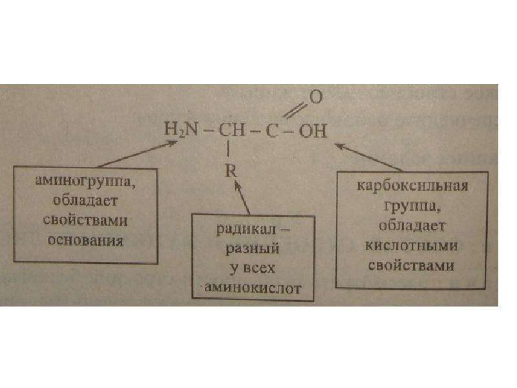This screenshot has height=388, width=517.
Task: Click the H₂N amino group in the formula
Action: pos(181,129)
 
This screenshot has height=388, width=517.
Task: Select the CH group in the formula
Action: pos(232,130)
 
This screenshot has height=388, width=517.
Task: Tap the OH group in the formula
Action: pos(313,131)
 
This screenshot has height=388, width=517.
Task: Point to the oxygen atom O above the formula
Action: pos(315,97)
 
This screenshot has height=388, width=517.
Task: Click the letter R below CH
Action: pos(231,171)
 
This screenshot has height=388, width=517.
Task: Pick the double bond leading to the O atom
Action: pos(295,110)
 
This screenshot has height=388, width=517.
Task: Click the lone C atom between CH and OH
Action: pos(272,131)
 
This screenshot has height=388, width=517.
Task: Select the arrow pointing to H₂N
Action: pos(138,154)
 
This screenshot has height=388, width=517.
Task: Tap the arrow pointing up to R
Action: pos(242,198)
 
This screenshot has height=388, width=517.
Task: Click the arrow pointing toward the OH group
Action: pos(368,157)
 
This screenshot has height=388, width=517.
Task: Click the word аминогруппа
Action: pos(85,181)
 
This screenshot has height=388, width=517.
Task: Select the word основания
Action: pos(86,241)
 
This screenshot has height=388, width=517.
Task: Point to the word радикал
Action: pos(246,229)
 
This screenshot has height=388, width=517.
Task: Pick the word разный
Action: pos(253,248)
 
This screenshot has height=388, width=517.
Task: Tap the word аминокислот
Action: pos(253,288)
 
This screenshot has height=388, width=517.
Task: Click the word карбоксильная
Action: pos(412,186)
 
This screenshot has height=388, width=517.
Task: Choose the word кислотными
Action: pos(412,246)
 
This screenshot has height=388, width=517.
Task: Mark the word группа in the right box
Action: pos(412,206)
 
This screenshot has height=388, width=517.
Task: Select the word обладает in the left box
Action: pos(85,200)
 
